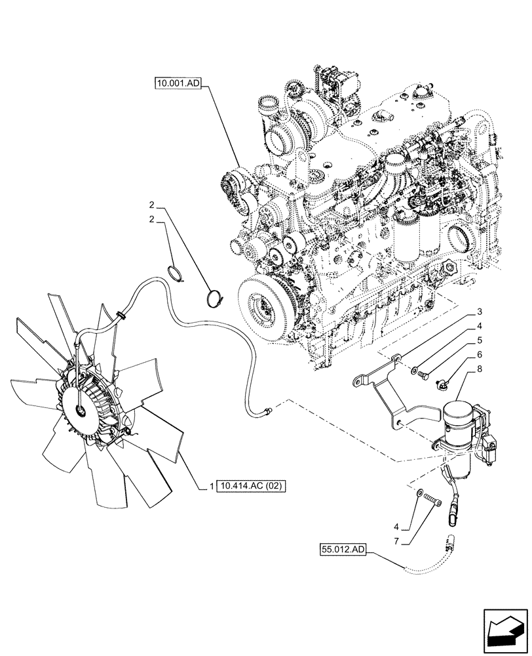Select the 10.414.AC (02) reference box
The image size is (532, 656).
tap(252, 486)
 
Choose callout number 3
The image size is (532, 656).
tap(480, 312)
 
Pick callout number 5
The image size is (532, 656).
tap(480, 340)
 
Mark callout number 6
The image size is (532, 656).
tap(480, 355)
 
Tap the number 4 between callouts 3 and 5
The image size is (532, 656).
tap(480, 326)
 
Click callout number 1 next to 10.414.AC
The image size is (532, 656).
tap(211, 486)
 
